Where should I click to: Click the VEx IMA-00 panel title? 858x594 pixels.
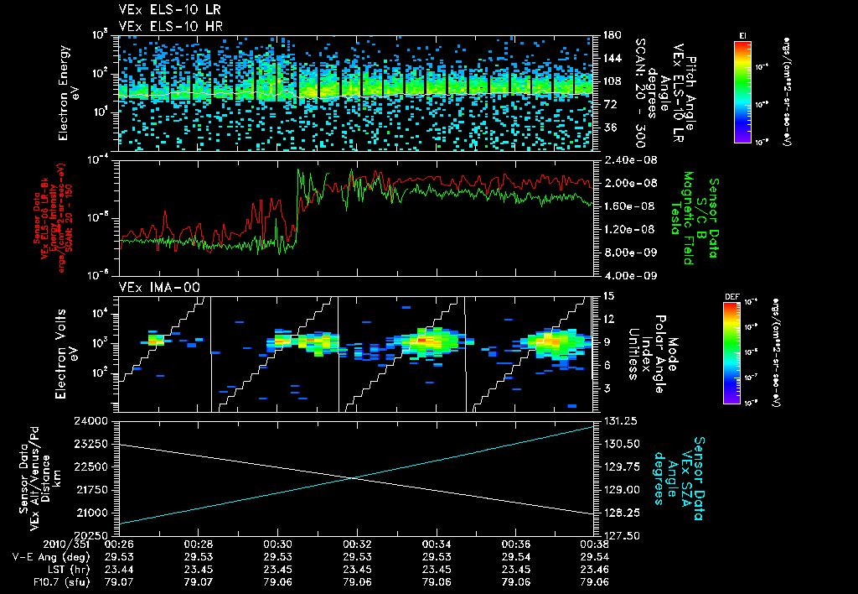coord(153,287)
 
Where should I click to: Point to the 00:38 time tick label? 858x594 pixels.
coord(595,543)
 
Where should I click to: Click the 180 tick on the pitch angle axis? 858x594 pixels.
coord(610,35)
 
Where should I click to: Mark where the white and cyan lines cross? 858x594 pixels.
coord(353,478)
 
